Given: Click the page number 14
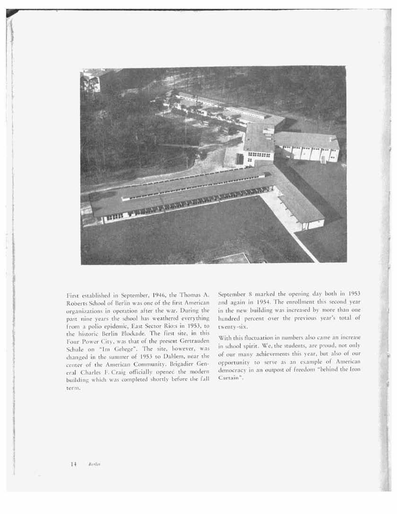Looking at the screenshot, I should pos(74,464).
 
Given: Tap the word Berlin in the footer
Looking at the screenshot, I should pos(93,464).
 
